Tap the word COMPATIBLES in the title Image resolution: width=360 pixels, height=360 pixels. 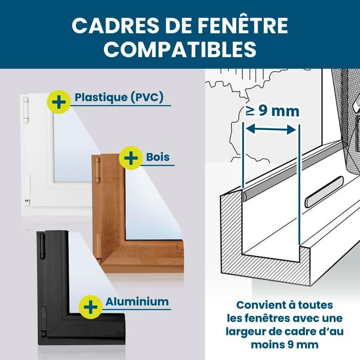pyautogui.click(x=180, y=48)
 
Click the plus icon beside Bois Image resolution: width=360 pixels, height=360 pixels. pyautogui.click(x=130, y=158)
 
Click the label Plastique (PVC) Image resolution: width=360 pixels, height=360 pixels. pyautogui.click(x=119, y=97)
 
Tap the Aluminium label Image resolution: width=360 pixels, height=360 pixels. pyautogui.click(x=137, y=301)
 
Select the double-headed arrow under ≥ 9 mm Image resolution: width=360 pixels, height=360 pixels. pyautogui.click(x=272, y=130)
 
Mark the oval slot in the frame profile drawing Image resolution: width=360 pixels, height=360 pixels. pyautogui.click(x=322, y=199)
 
